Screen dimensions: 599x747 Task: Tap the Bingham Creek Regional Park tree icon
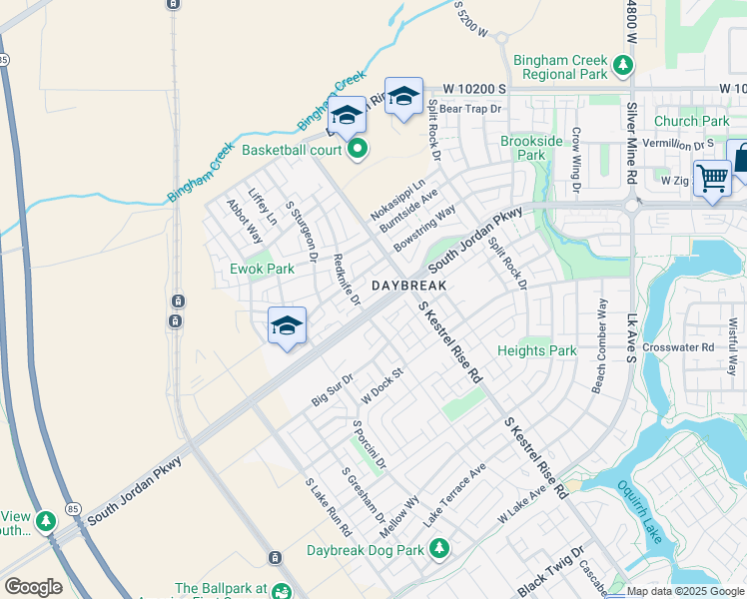[623, 66]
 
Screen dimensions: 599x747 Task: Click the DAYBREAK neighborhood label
[407, 286]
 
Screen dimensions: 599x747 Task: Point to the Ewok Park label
[262, 269]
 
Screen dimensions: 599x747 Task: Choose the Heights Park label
[537, 350]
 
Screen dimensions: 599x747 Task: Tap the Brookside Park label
[523, 148]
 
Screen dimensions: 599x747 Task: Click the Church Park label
[691, 122]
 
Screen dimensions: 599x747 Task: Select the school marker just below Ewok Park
[287, 325]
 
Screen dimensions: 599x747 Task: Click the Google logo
[33, 586]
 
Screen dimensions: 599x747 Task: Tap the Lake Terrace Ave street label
[454, 495]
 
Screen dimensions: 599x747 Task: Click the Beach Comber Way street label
[599, 344]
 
